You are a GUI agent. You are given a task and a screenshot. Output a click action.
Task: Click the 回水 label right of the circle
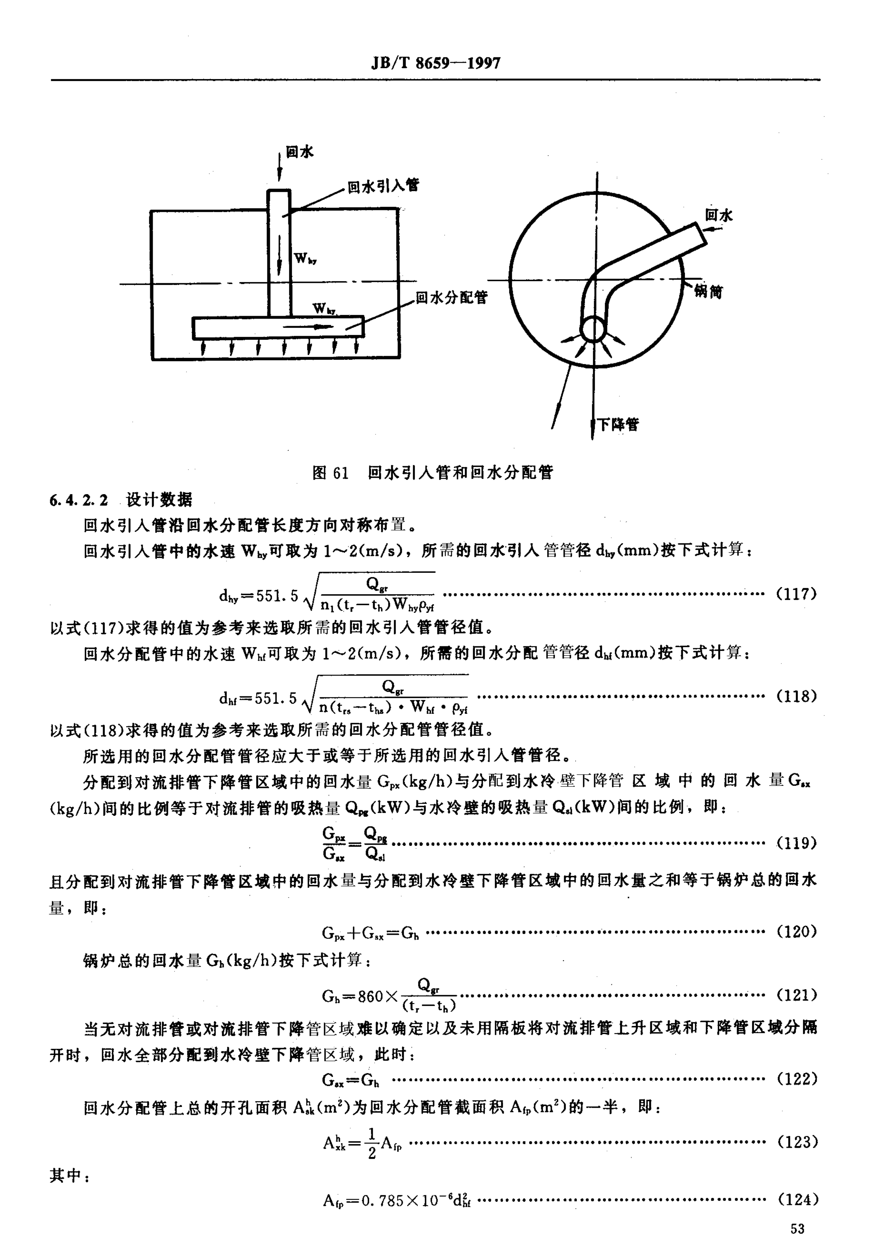point(719,215)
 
